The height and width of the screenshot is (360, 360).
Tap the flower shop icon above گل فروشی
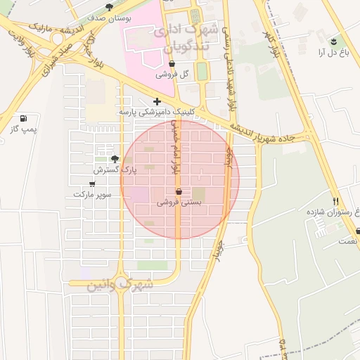coord(172,63)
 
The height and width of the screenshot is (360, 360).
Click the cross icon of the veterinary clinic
coord(156,101)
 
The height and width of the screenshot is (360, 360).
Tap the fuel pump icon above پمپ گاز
coord(25,118)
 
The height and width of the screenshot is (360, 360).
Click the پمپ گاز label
coord(22,129)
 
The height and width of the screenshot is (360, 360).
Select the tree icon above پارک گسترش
coord(115,159)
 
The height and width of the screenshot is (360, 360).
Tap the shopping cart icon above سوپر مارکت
coord(91,184)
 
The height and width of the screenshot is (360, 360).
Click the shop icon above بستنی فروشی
coord(178,191)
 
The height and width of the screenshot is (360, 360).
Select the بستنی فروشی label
coord(179,202)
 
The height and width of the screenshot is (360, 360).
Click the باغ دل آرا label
coord(332,53)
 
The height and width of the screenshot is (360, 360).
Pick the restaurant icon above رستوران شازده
coord(335,200)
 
